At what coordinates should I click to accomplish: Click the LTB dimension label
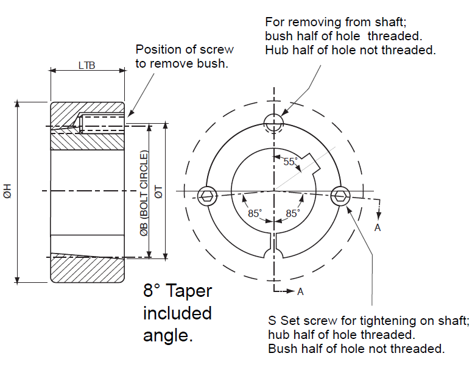[86, 65]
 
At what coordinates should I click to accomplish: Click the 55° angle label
[290, 162]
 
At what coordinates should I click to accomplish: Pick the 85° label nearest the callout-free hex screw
[255, 214]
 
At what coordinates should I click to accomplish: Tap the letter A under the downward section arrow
[378, 227]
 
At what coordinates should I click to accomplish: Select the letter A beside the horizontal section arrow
[300, 291]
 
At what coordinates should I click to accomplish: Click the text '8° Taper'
[177, 290]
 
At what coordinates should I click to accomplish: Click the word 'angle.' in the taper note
[167, 335]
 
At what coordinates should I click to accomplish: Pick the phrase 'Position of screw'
[184, 49]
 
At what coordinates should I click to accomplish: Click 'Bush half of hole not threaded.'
[356, 349]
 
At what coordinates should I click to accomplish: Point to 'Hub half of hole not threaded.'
[350, 50]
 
